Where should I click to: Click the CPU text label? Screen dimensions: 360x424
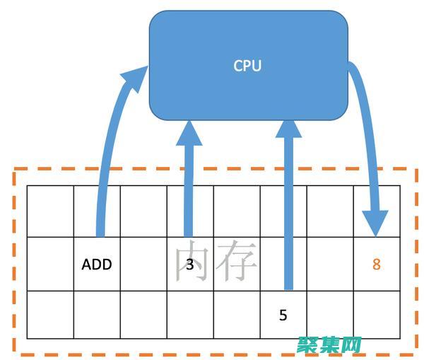click(x=247, y=66)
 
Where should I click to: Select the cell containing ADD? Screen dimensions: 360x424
click(x=97, y=265)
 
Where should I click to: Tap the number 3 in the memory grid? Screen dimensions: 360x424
click(x=189, y=265)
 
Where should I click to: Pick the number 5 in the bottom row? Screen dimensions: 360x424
click(x=283, y=315)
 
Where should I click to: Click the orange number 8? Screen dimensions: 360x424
click(x=376, y=265)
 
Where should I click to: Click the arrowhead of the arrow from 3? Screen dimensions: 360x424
click(x=188, y=132)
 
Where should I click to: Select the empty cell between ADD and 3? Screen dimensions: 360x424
click(x=143, y=265)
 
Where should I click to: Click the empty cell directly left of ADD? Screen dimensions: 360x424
click(x=50, y=265)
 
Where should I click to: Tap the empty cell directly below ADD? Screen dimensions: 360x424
click(x=97, y=315)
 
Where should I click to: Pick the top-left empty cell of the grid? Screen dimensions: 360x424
click(x=50, y=211)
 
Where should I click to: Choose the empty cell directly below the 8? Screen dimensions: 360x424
click(x=376, y=315)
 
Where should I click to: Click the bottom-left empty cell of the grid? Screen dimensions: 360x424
click(x=50, y=315)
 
